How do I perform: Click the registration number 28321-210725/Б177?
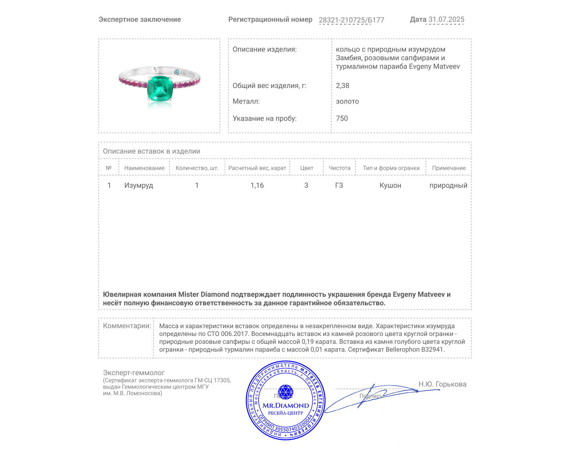[x=351, y=20]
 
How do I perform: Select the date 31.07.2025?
[x=446, y=19]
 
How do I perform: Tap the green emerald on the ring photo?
[x=160, y=89]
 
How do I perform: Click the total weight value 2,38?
[x=342, y=85]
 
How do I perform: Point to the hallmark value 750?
[x=342, y=118]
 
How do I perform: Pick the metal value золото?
[x=347, y=101]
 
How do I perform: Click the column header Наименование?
[x=144, y=168]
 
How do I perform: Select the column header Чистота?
[x=340, y=168]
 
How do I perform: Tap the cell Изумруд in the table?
[x=139, y=185]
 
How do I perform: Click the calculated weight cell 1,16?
[x=257, y=185]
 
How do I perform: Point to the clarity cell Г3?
[x=339, y=185]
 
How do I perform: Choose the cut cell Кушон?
[x=390, y=185]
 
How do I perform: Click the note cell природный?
[x=448, y=185]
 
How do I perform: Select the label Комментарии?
[x=127, y=326]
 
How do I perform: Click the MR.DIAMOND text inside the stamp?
[x=286, y=405]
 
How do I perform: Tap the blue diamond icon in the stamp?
[x=285, y=392]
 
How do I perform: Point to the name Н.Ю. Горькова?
[x=442, y=384]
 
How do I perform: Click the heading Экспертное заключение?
[x=140, y=19]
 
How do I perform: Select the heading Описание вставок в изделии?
[x=151, y=151]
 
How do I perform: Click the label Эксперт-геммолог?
[x=134, y=373]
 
